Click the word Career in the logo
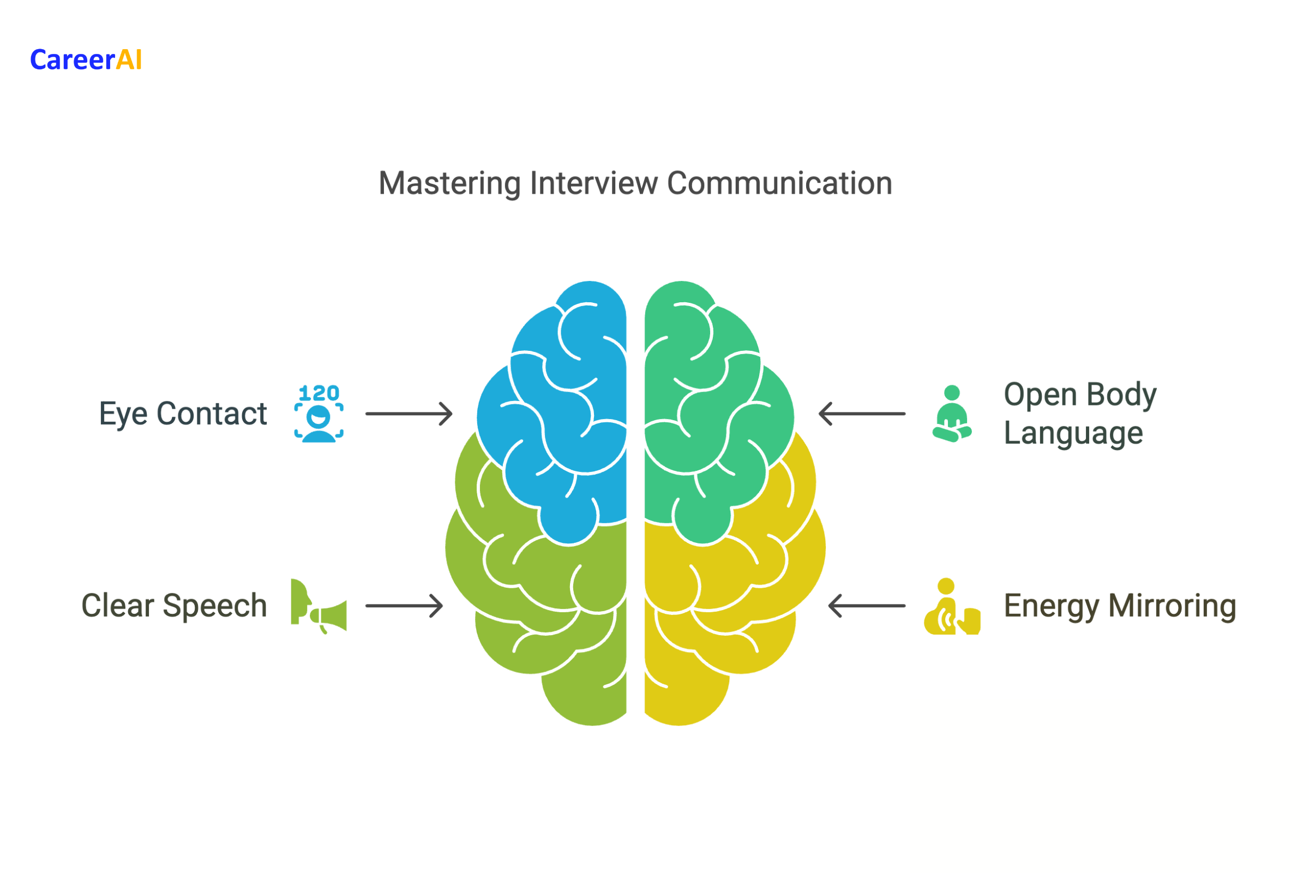pyautogui.click(x=73, y=60)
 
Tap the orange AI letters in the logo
pyautogui.click(x=129, y=60)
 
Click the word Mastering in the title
pyautogui.click(x=449, y=184)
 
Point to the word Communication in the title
pyautogui.click(x=779, y=184)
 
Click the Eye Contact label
pyautogui.click(x=183, y=414)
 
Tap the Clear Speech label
pyautogui.click(x=174, y=606)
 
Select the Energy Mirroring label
pyautogui.click(x=1120, y=606)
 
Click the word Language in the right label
pyautogui.click(x=1073, y=433)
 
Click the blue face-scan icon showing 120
pyautogui.click(x=319, y=414)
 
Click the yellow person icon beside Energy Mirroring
pyautogui.click(x=951, y=607)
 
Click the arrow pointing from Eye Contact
pyautogui.click(x=409, y=414)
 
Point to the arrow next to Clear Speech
pyautogui.click(x=405, y=606)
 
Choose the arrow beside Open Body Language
pyautogui.click(x=862, y=414)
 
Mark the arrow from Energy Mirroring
pyautogui.click(x=867, y=606)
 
